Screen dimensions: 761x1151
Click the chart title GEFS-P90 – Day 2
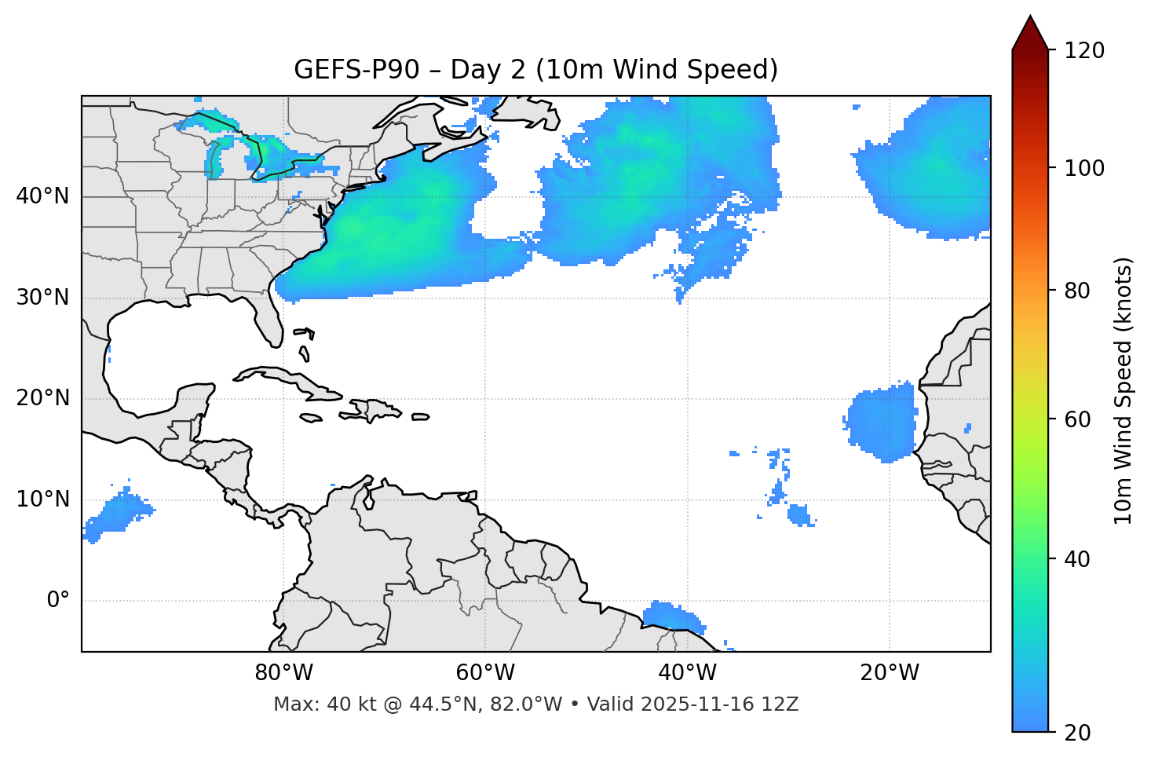point(535,70)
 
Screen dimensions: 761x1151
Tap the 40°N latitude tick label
point(42,196)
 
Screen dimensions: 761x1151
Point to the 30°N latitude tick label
point(42,298)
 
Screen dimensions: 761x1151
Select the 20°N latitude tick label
point(42,398)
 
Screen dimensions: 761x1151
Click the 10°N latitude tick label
point(42,499)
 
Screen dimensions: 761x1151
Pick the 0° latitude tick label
point(57,601)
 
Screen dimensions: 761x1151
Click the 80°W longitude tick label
point(283,673)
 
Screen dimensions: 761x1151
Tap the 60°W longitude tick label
point(485,673)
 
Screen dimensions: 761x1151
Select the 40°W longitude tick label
point(687,673)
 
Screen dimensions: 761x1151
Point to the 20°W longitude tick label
point(889,673)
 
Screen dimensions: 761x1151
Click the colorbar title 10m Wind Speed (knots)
point(1123,390)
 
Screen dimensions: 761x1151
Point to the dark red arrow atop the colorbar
point(1030,33)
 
